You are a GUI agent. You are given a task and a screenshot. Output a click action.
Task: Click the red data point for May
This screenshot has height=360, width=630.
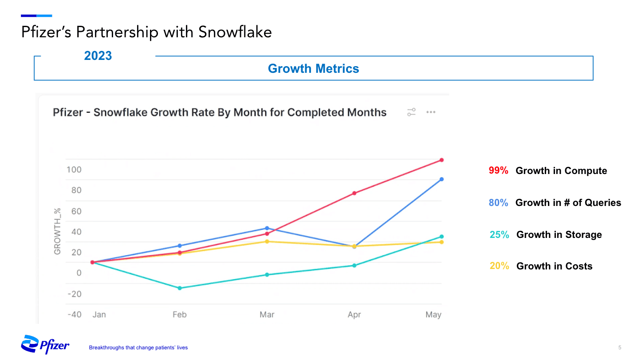(x=441, y=160)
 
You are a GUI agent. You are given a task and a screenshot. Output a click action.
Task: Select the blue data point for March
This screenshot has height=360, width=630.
(x=267, y=228)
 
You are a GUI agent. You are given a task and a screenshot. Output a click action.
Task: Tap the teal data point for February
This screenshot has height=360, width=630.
(x=180, y=288)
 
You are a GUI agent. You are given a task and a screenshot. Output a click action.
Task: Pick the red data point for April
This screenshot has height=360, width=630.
(x=354, y=193)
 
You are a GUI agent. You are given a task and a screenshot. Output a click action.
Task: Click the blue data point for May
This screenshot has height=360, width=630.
(x=441, y=179)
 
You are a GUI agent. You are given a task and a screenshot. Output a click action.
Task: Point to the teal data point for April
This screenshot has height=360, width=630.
(x=354, y=265)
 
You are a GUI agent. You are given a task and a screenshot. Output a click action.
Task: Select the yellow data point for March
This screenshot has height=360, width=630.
(x=267, y=241)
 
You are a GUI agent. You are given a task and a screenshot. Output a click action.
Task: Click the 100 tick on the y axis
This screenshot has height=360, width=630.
(x=74, y=170)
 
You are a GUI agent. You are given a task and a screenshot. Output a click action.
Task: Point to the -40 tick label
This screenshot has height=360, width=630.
(x=74, y=314)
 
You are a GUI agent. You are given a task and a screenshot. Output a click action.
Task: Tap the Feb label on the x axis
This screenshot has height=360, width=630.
(x=180, y=314)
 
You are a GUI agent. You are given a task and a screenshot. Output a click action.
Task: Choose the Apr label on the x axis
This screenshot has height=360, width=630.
(x=354, y=314)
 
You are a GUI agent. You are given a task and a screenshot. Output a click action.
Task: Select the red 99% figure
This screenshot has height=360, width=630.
(x=498, y=171)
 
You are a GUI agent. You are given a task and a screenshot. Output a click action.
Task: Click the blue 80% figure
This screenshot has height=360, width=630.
(x=498, y=203)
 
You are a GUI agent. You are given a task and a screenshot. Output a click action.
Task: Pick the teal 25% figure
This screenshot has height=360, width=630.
(x=499, y=235)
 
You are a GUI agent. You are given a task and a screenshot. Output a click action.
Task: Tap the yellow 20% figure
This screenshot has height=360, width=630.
(x=499, y=266)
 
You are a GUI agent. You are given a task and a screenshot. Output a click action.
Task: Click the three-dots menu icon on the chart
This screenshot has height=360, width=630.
(x=430, y=112)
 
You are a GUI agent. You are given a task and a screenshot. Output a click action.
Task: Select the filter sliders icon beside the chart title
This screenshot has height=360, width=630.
(x=411, y=112)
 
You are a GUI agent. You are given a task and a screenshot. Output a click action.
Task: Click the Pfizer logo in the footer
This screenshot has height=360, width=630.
(x=45, y=344)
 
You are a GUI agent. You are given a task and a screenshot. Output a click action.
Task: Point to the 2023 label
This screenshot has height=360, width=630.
(x=98, y=56)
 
